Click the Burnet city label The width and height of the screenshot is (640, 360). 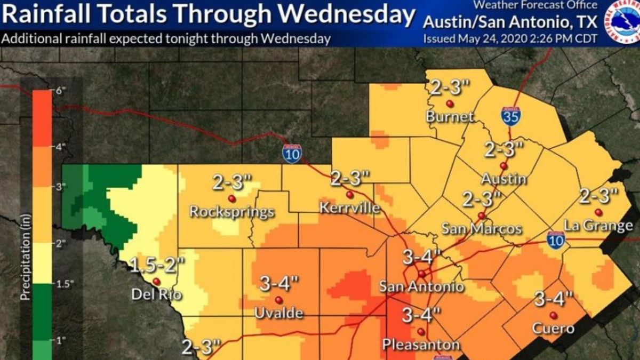(x=449, y=116)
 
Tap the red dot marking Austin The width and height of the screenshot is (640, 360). (x=503, y=165)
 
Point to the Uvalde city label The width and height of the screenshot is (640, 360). (x=278, y=313)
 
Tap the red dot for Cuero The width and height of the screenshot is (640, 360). (x=554, y=315)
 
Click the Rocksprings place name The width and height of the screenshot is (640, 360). (x=232, y=212)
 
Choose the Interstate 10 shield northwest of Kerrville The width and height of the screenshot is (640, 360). (x=292, y=153)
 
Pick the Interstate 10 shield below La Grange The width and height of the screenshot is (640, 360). (x=555, y=240)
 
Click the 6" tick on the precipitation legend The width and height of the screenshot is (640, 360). (x=60, y=90)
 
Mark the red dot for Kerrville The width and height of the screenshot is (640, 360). (x=349, y=195)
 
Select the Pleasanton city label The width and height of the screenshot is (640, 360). (x=421, y=345)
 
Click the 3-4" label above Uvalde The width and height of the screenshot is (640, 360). (x=279, y=284)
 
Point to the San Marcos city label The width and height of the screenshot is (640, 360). (x=481, y=229)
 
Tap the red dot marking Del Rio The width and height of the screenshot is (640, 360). (x=156, y=281)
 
